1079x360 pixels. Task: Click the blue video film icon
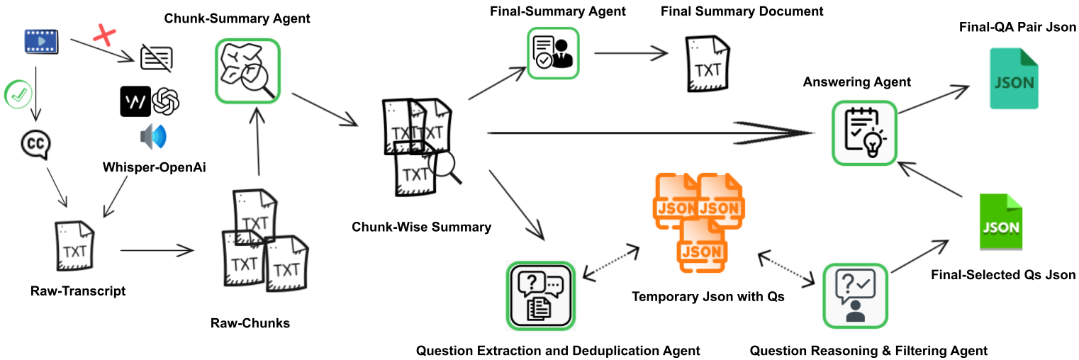40,40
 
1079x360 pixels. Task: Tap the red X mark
105,35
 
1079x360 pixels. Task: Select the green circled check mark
18,95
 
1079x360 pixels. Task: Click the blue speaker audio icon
153,136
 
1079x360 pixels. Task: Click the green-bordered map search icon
247,71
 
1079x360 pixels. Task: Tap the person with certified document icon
553,53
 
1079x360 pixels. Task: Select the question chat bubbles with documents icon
540,295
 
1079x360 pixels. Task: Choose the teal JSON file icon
1014,79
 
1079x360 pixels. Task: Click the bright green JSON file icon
1001,220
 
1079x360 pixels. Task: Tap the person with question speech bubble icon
855,296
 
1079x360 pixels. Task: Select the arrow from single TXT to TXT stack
157,250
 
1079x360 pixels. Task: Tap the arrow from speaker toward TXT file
116,196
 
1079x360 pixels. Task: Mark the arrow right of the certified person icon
630,52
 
